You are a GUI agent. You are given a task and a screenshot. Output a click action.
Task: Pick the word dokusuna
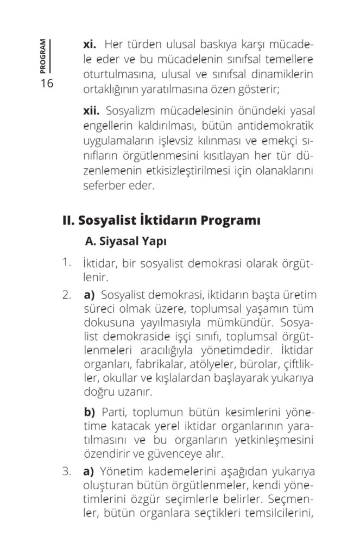pyautogui.click(x=107, y=324)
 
